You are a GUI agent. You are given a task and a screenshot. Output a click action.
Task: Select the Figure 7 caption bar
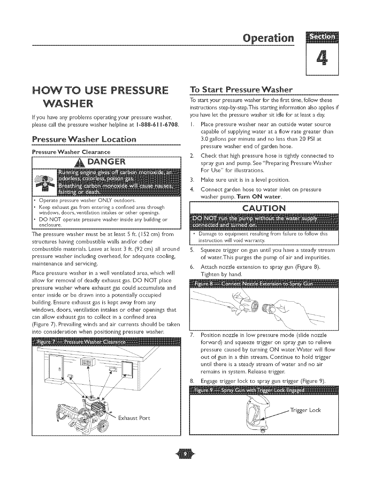coord(106,342)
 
